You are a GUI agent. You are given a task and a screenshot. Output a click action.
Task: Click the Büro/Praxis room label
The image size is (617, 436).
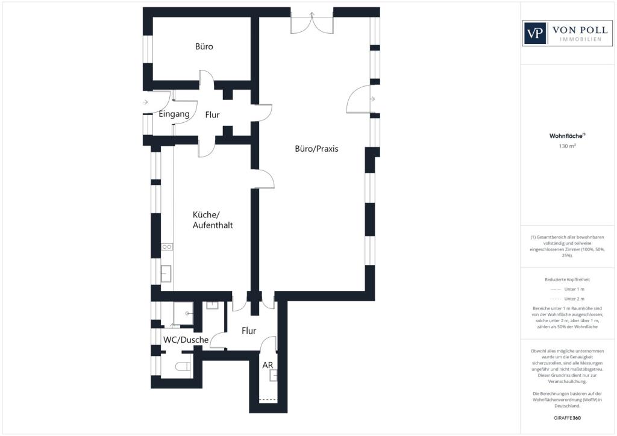(316, 149)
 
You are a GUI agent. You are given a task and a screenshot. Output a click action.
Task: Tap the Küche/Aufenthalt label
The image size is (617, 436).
(213, 220)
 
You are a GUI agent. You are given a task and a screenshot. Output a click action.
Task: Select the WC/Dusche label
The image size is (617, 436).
(186, 340)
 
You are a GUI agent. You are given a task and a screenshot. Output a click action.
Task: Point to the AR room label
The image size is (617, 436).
(268, 365)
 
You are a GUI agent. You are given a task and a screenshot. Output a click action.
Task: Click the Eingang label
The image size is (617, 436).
(174, 114)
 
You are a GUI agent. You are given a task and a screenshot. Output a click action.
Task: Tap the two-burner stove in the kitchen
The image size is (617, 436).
(167, 247)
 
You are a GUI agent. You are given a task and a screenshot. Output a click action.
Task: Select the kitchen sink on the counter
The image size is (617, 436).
(166, 273)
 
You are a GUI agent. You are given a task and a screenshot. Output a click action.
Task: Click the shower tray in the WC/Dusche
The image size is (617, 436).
(183, 313)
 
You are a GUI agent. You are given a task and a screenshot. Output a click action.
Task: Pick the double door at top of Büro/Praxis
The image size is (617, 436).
(312, 23)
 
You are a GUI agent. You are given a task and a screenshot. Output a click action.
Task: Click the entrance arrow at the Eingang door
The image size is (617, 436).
(145, 102)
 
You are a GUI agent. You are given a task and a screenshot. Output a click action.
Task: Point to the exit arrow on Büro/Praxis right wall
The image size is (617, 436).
(372, 99)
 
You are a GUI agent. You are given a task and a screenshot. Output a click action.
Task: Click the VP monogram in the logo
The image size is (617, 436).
(535, 33)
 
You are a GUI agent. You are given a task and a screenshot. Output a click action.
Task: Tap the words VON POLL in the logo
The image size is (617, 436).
(580, 30)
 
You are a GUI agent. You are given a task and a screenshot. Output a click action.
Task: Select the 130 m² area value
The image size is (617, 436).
(568, 146)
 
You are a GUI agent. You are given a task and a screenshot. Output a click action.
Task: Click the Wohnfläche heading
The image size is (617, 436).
(567, 136)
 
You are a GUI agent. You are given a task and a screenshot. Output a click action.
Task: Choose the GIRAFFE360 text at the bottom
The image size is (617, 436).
(567, 418)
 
